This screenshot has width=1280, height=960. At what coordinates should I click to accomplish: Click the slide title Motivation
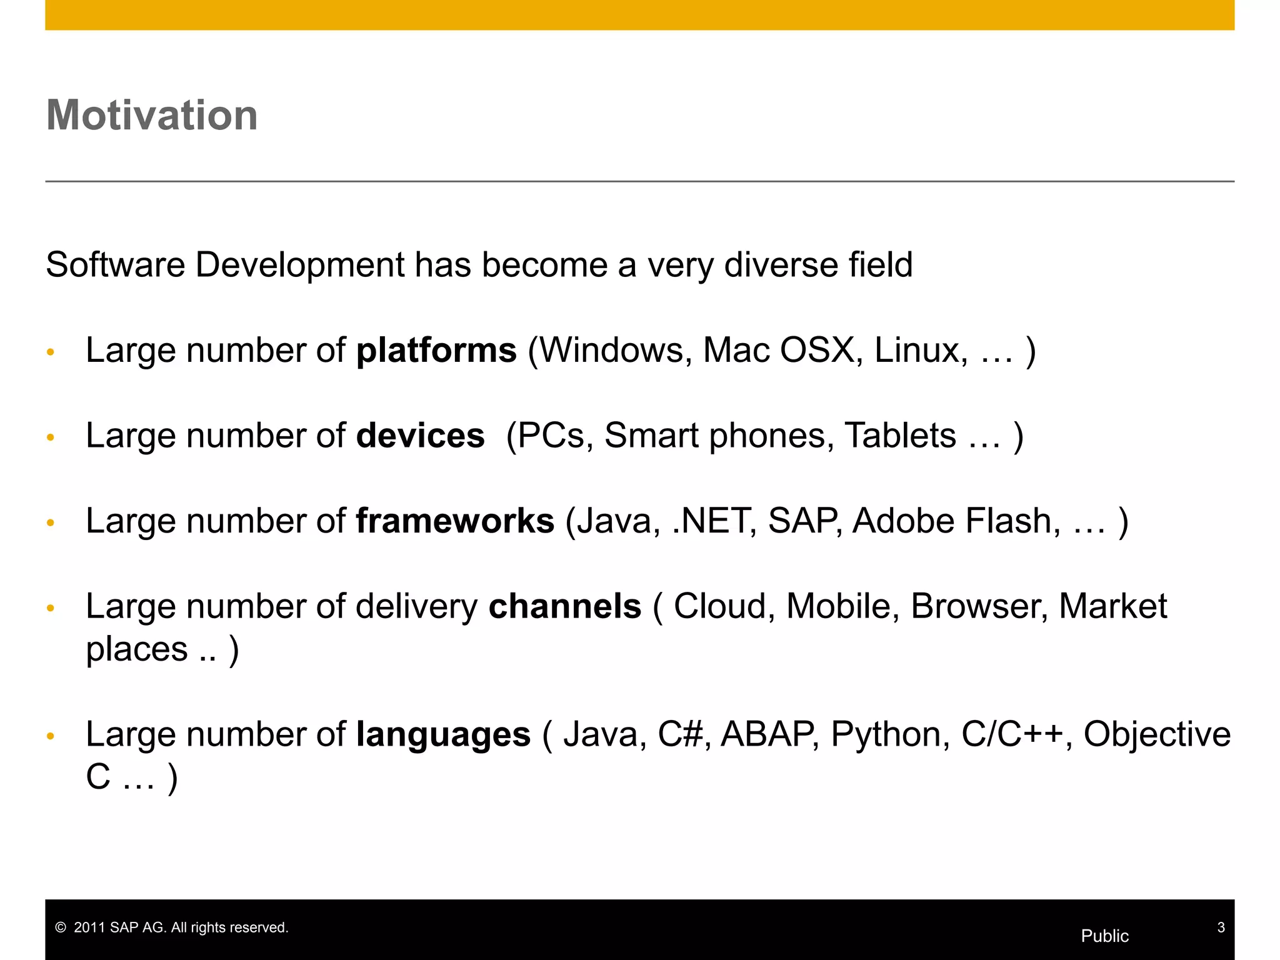152,116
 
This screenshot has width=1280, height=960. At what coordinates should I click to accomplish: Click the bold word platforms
436,350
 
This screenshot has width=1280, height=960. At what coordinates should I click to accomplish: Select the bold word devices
420,436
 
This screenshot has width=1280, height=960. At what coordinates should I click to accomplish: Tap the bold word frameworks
454,521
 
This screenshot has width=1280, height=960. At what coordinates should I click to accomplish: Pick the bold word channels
564,606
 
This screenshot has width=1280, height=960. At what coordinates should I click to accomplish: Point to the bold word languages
443,734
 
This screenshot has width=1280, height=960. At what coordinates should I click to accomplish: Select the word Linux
920,350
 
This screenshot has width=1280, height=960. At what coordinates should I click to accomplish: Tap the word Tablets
900,436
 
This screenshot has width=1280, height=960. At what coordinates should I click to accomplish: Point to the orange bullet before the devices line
51,437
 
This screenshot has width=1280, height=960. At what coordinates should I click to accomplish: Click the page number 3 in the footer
1221,927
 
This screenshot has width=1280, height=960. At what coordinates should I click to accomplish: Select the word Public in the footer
1104,936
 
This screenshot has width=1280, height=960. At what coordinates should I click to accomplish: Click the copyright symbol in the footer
61,927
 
